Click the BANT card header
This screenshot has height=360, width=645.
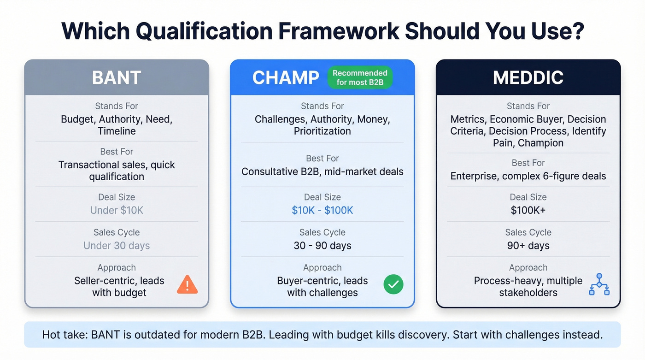117,77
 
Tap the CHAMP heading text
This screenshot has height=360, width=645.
285,77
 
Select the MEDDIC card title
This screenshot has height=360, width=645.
528,77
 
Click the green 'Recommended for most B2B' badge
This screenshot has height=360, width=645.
360,77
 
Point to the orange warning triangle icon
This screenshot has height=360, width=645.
187,285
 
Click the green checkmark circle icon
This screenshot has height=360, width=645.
393,285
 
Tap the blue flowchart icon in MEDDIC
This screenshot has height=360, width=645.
599,284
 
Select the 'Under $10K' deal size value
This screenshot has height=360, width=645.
117,210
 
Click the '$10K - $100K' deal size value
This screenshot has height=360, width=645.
322,210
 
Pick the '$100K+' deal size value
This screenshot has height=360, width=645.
528,210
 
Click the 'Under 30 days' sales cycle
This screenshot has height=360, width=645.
117,246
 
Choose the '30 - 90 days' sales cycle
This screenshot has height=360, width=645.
322,246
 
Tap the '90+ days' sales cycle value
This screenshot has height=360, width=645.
528,246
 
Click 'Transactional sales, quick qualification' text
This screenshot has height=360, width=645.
117,171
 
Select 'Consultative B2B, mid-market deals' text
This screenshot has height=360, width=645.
322,172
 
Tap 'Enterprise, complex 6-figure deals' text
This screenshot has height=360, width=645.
528,176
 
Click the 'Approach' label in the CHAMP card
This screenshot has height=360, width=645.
322,267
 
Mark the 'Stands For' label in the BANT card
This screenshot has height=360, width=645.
117,106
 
